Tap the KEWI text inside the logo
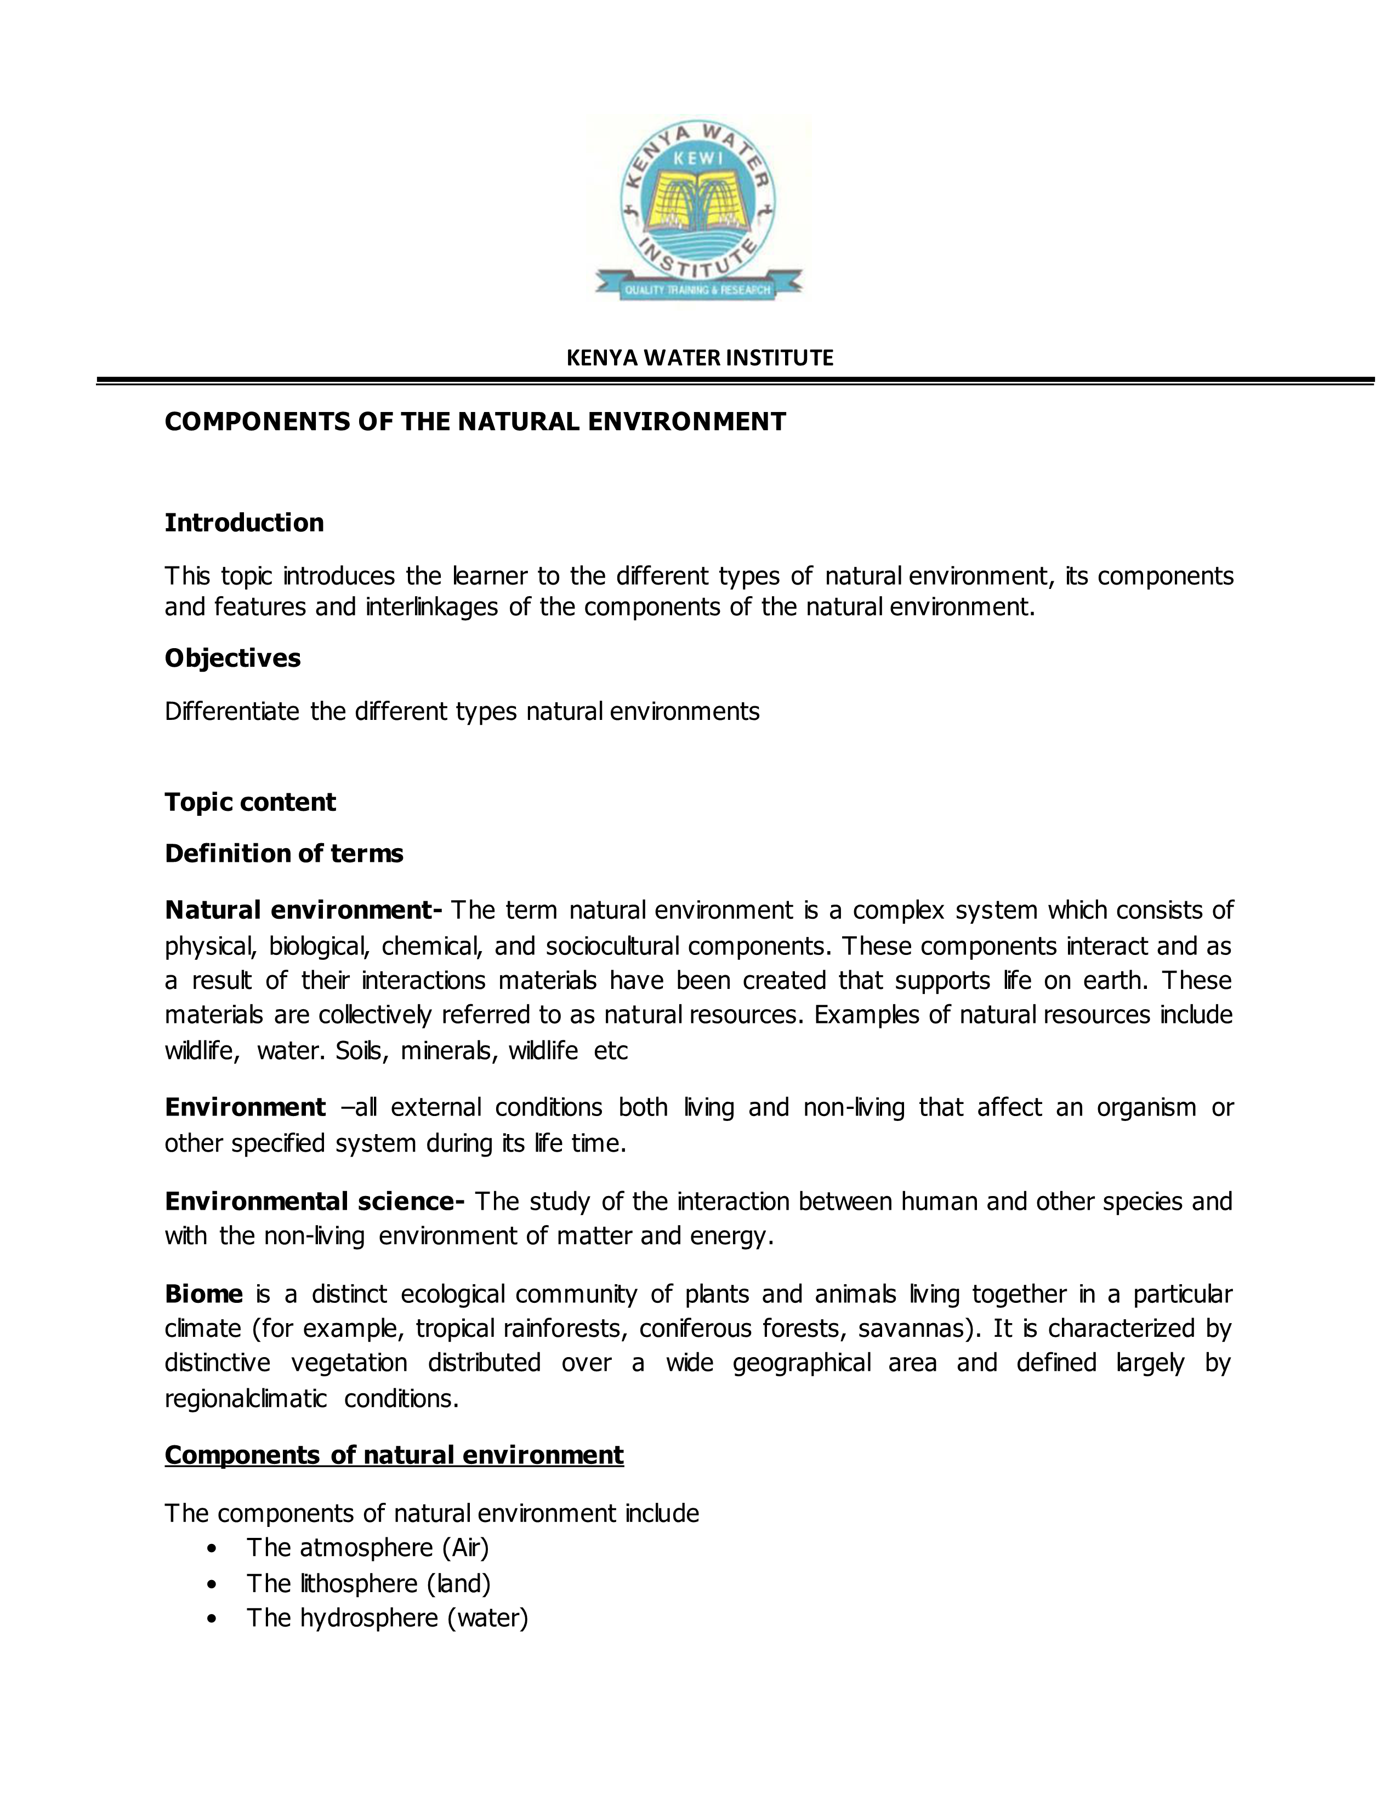coord(698,158)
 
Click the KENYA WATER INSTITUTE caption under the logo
coord(699,358)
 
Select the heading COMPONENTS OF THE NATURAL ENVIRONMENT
coord(475,422)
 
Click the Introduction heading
coord(243,523)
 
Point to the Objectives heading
coord(232,658)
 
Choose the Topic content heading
coord(250,802)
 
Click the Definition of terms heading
coord(283,854)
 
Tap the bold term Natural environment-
coord(303,911)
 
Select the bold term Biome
coord(204,1294)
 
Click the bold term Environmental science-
coord(314,1201)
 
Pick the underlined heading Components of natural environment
coord(394,1455)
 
